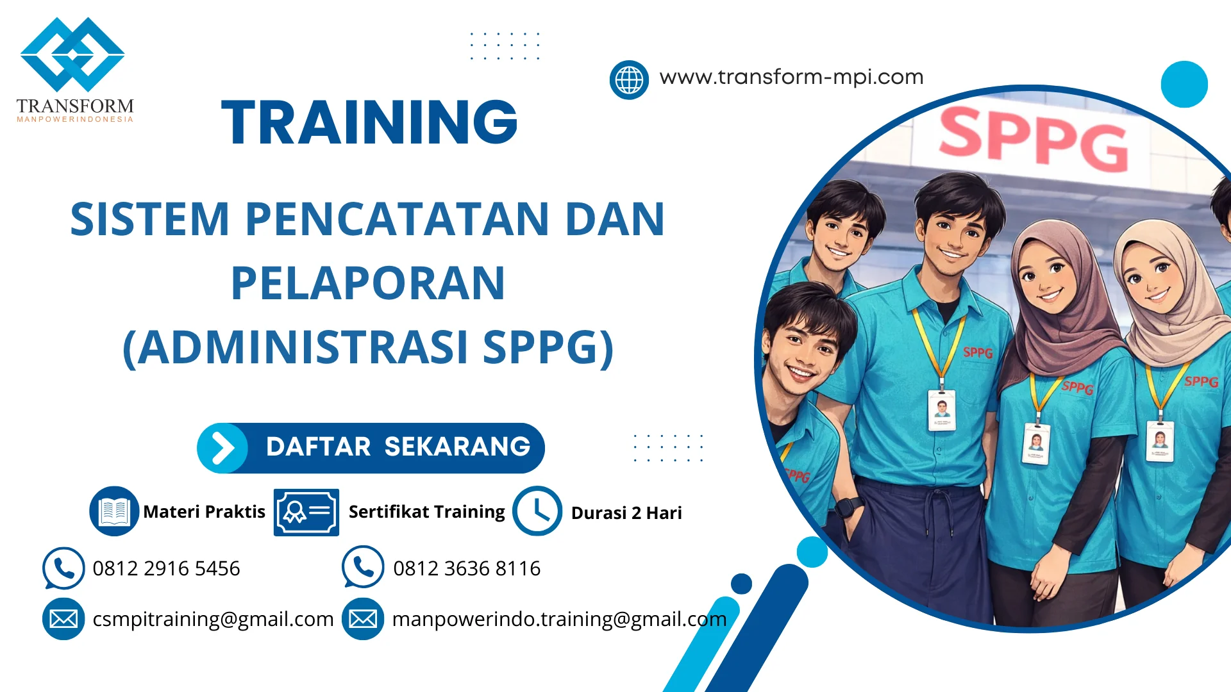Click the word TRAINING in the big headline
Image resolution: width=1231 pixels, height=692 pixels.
(369, 122)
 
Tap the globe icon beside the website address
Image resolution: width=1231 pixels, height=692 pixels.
(629, 80)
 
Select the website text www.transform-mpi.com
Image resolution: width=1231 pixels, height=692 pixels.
(791, 78)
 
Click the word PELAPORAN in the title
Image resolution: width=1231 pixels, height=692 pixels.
(368, 283)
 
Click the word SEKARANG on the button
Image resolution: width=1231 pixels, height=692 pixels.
(457, 447)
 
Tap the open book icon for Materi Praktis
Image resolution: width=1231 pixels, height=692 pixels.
(114, 511)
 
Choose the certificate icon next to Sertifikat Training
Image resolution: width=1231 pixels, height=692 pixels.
(306, 512)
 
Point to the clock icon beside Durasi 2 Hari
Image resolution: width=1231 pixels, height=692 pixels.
(537, 511)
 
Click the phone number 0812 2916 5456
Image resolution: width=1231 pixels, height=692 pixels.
(166, 568)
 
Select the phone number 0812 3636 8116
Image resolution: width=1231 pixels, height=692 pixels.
(466, 568)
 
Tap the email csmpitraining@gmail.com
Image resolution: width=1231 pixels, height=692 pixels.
(213, 619)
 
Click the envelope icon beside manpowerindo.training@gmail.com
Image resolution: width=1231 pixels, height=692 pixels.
(363, 619)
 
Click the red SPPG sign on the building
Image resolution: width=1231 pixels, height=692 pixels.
(1032, 140)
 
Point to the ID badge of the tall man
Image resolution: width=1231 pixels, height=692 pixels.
(941, 410)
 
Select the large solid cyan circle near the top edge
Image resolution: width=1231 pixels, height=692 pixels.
(1184, 84)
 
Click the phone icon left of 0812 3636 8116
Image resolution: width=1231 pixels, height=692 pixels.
(363, 567)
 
